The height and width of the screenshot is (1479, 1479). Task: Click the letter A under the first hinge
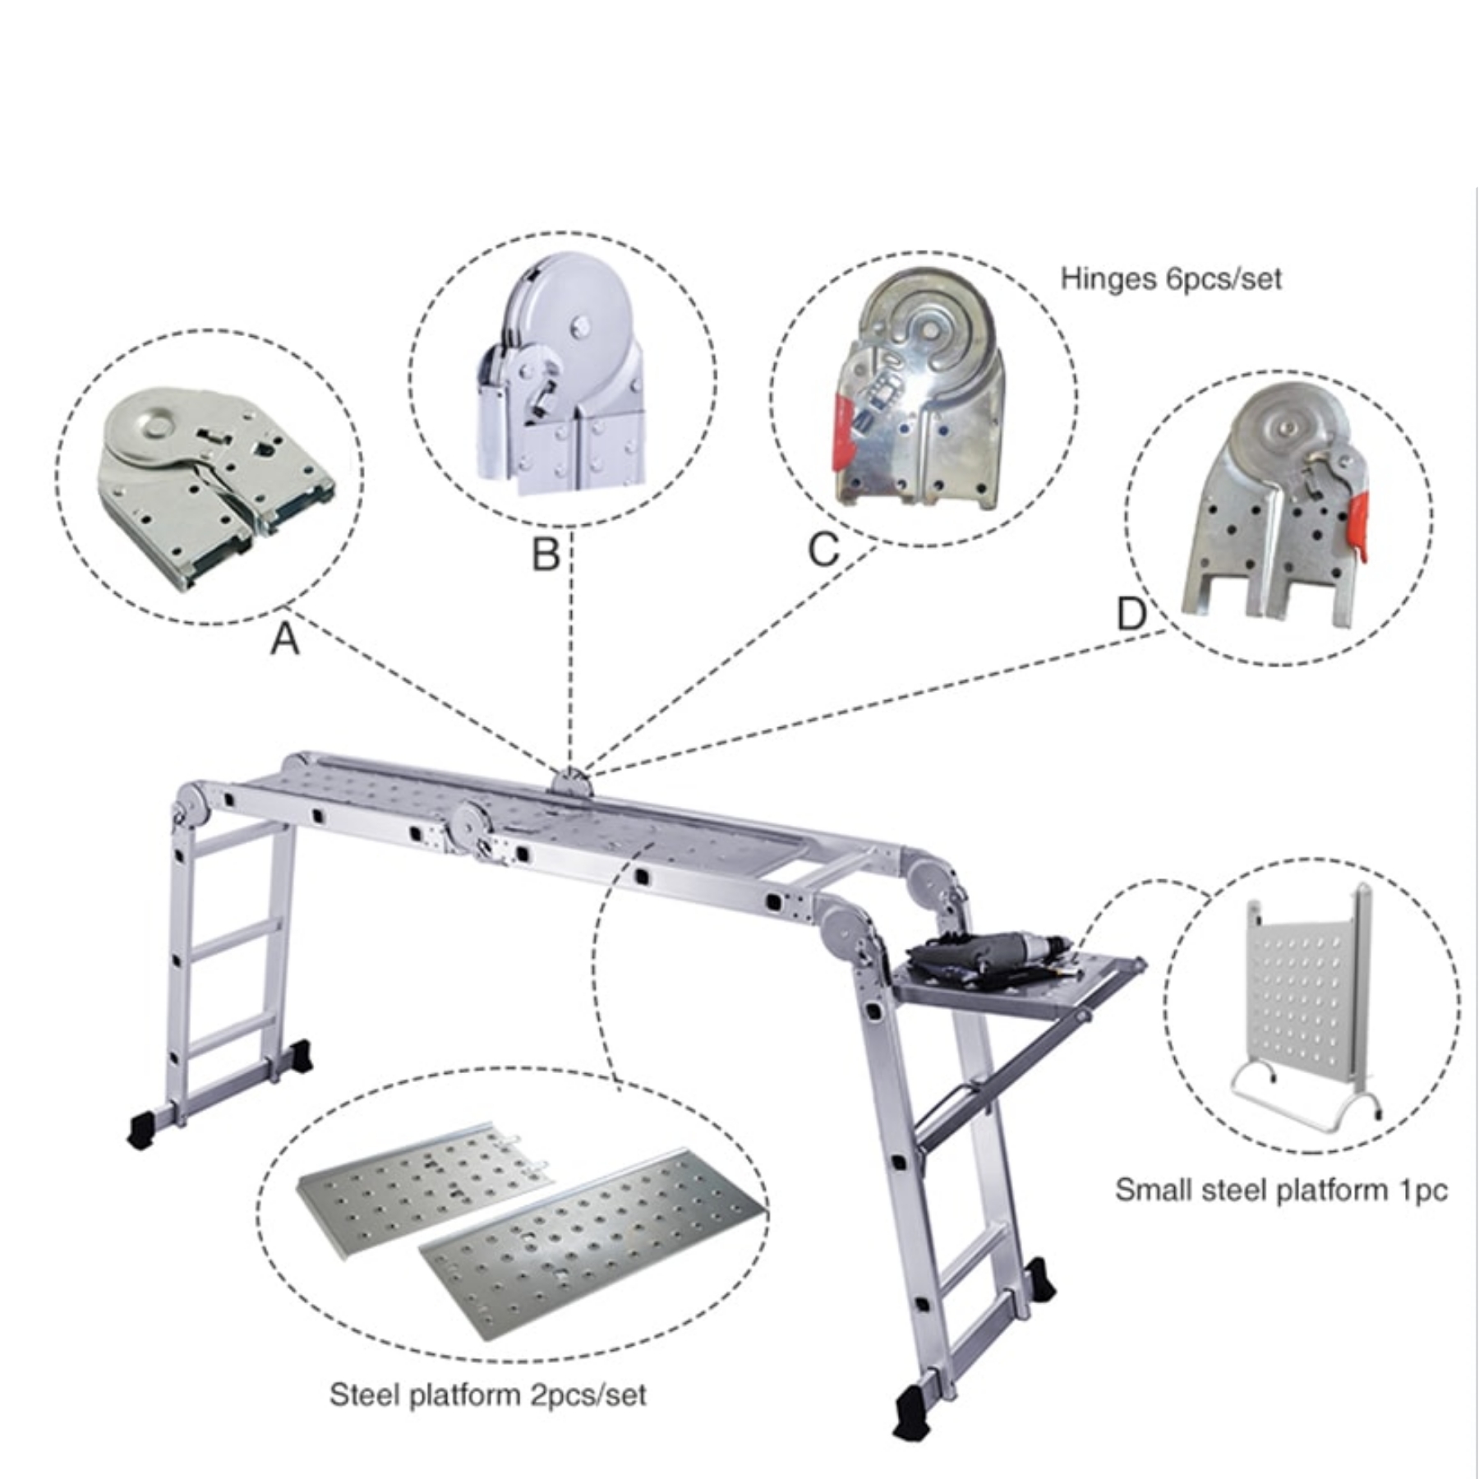point(285,638)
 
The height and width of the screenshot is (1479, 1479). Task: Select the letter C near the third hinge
point(823,550)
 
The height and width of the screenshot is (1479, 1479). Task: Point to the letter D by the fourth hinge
point(1131,613)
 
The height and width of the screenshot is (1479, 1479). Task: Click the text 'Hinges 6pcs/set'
point(1171,279)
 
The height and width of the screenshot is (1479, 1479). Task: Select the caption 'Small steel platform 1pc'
point(1281,1190)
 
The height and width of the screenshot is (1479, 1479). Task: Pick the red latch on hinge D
point(1357,526)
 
